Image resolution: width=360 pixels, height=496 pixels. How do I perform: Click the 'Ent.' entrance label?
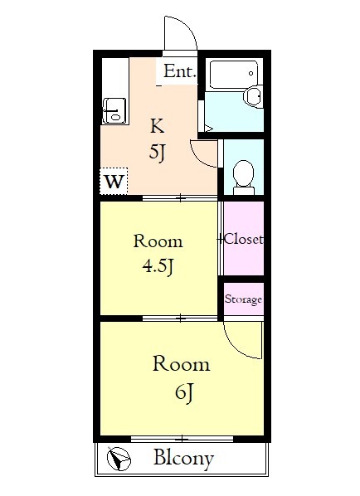[x=179, y=72]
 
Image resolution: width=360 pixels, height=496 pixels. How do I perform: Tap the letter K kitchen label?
[x=157, y=126]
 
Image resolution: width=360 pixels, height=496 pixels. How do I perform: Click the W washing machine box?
[x=114, y=180]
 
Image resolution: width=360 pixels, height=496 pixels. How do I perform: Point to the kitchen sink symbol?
[x=112, y=109]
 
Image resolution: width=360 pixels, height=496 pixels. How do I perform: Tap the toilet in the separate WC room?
[x=243, y=175]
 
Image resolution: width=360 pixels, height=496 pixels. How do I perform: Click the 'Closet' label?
[x=243, y=240]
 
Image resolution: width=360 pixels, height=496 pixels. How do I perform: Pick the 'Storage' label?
[x=243, y=299]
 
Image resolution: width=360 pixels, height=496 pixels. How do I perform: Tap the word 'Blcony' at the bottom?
[x=183, y=458]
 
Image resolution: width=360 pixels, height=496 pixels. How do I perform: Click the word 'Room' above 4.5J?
[x=158, y=242]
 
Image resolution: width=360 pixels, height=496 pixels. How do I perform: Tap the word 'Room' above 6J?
[x=180, y=364]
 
